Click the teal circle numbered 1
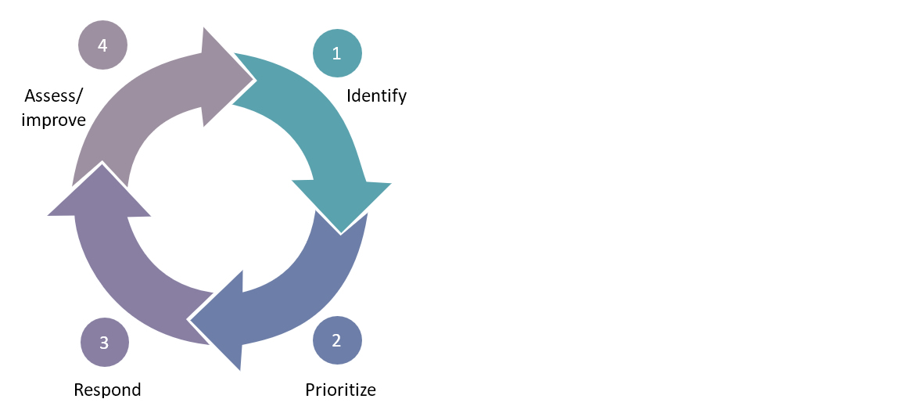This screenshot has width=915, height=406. (x=337, y=53)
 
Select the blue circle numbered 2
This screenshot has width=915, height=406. (x=337, y=340)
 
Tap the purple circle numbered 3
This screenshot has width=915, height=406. (x=104, y=342)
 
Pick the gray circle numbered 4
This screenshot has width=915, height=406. (x=102, y=45)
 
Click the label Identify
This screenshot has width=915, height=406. (x=377, y=96)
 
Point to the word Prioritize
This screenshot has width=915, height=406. (x=340, y=390)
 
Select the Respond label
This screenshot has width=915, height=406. (x=107, y=390)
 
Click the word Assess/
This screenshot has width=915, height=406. (x=54, y=96)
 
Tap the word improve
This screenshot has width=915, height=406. (x=54, y=120)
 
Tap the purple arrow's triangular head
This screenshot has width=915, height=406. (x=99, y=196)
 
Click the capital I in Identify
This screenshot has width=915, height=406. (x=349, y=96)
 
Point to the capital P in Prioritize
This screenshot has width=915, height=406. (x=310, y=390)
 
